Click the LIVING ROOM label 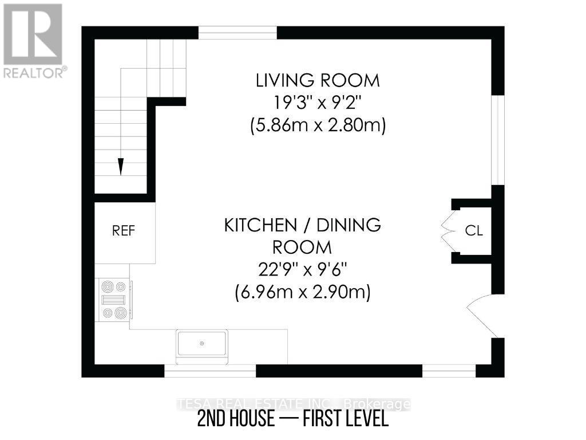click(318, 80)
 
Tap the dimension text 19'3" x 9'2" click(318, 103)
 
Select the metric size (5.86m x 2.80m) click(318, 125)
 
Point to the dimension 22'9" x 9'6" click(302, 270)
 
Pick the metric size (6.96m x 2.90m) click(302, 293)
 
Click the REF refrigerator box click(124, 231)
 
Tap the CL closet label click(474, 231)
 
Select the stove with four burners click(114, 299)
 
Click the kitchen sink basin click(201, 344)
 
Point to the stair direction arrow click(121, 166)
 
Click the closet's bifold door click(449, 231)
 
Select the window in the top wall click(237, 33)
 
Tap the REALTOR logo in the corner click(33, 40)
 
